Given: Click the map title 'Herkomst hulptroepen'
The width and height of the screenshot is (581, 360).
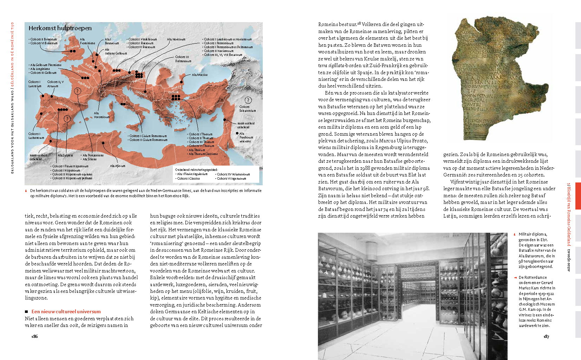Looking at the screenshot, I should click(60, 28).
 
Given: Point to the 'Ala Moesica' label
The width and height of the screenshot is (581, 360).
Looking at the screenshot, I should click(200, 75).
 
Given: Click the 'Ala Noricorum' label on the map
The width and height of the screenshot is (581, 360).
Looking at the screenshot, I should click(176, 39).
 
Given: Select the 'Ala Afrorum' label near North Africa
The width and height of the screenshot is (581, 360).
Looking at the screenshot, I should click(117, 166).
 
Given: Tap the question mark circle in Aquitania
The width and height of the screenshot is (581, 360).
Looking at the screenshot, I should click(78, 91).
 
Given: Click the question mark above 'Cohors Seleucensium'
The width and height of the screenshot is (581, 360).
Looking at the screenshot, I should click(248, 100).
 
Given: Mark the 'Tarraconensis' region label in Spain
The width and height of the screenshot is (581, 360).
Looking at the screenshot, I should click(64, 106).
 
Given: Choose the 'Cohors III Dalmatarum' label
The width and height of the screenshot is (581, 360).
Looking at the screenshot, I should click(183, 59).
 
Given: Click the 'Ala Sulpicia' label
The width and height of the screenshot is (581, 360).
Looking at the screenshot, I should click(65, 155).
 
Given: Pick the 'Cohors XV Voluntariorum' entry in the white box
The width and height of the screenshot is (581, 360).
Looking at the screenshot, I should click(233, 174).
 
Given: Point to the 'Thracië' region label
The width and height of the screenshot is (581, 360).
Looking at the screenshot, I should click(174, 92).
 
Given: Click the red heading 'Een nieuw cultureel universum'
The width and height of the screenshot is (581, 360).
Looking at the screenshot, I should click(66, 311).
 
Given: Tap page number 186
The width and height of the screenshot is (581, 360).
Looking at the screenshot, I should click(34, 336).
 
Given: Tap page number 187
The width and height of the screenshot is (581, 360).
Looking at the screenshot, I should click(546, 336).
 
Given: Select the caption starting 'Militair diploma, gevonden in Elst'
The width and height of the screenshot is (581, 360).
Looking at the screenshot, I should click(537, 250).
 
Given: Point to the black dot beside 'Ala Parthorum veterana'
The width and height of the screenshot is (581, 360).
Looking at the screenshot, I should click(237, 134).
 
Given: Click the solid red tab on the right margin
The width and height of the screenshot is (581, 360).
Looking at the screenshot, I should click(578, 195).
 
